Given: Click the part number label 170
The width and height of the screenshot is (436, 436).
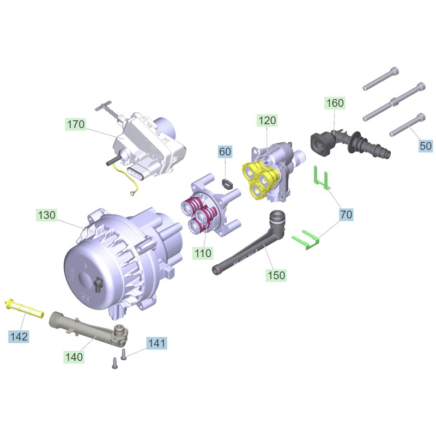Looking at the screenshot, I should (76, 125).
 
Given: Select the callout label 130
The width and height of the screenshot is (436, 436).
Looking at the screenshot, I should (46, 215).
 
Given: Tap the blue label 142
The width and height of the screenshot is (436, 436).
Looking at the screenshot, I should (19, 336).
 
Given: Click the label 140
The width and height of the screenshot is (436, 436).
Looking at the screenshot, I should (74, 357).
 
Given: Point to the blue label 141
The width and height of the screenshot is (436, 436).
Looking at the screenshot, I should (156, 343).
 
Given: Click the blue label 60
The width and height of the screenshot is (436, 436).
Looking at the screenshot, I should (226, 152).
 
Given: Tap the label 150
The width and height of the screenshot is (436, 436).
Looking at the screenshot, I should (276, 275).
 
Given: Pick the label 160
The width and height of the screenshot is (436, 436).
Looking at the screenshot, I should (335, 103).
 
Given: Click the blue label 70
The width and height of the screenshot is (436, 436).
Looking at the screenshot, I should (346, 215).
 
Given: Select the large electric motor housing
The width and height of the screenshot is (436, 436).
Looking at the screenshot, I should (120, 256).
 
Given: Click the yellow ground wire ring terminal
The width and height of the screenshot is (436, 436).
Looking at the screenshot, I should (131, 192).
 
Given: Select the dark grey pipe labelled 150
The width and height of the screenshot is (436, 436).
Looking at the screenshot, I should (251, 245).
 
